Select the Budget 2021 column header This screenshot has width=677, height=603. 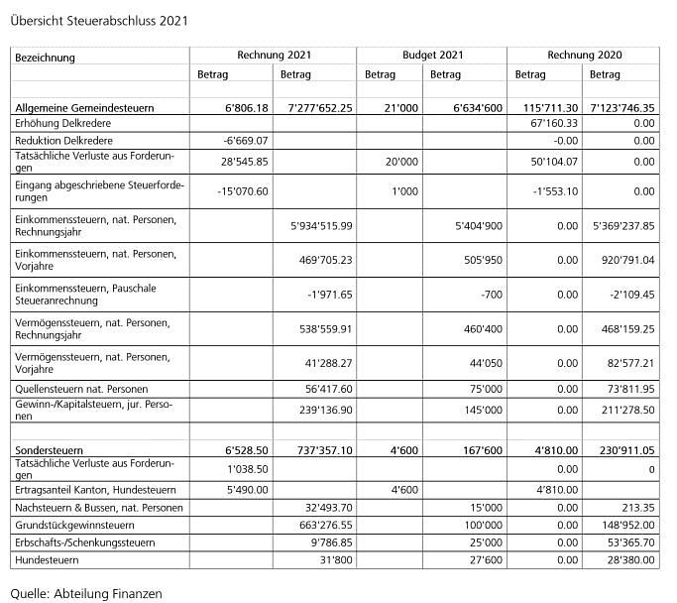tap(432, 56)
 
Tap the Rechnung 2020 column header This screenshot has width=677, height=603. tap(584, 56)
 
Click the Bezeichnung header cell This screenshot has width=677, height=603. tap(46, 58)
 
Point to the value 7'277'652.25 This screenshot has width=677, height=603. tap(315, 106)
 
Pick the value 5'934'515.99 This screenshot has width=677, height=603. tap(317, 225)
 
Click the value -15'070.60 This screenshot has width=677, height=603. tap(243, 191)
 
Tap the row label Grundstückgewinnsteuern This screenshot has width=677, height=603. tap(75, 525)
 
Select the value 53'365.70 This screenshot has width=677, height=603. tap(628, 543)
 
